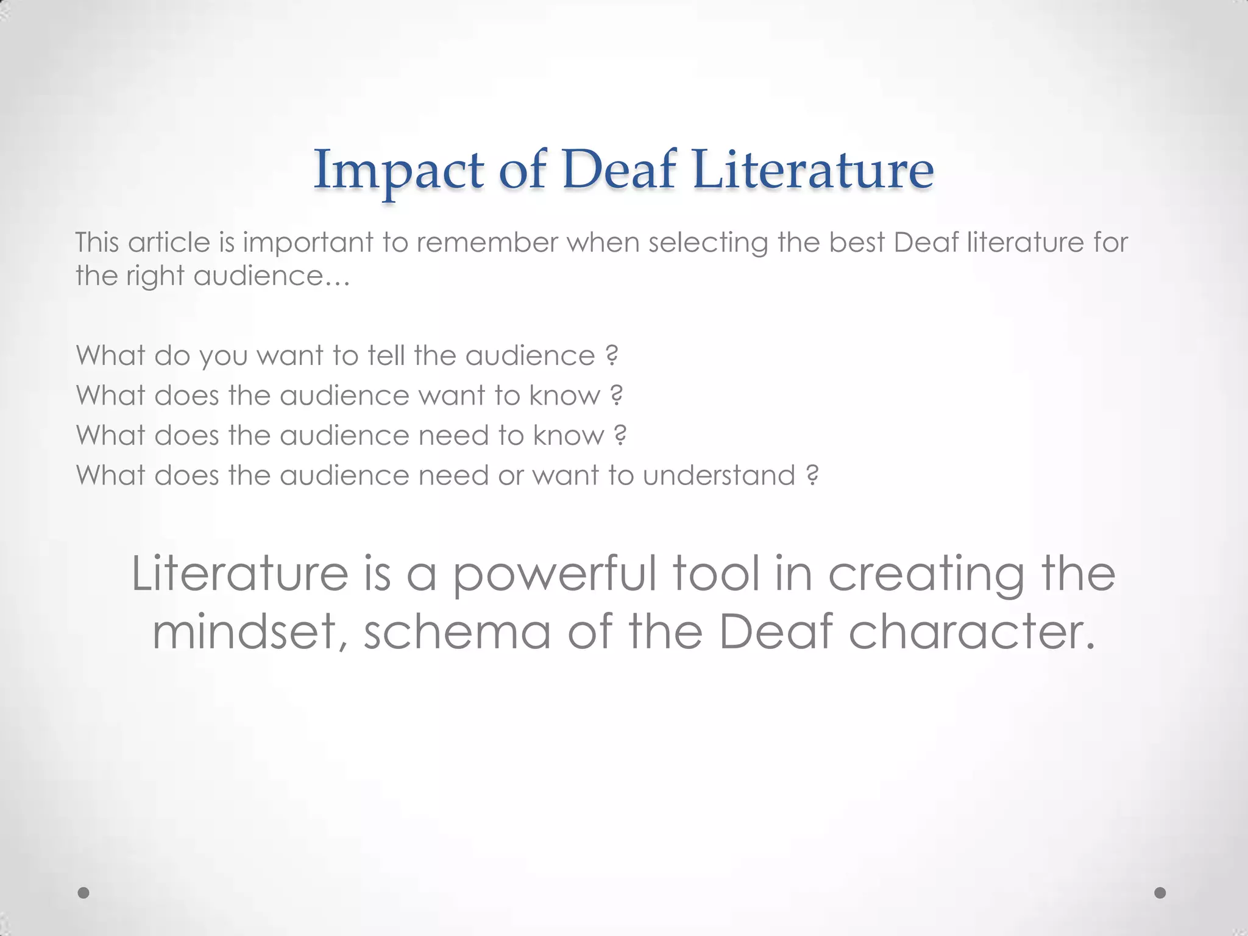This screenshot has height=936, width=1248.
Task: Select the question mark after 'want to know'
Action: tap(616, 395)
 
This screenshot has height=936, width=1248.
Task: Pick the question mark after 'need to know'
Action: tap(620, 435)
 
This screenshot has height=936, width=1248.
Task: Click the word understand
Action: tap(719, 475)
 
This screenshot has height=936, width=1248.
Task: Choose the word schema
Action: tap(457, 631)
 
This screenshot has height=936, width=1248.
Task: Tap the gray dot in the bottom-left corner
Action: tap(83, 893)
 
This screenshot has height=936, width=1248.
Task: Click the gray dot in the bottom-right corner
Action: tap(1160, 893)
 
